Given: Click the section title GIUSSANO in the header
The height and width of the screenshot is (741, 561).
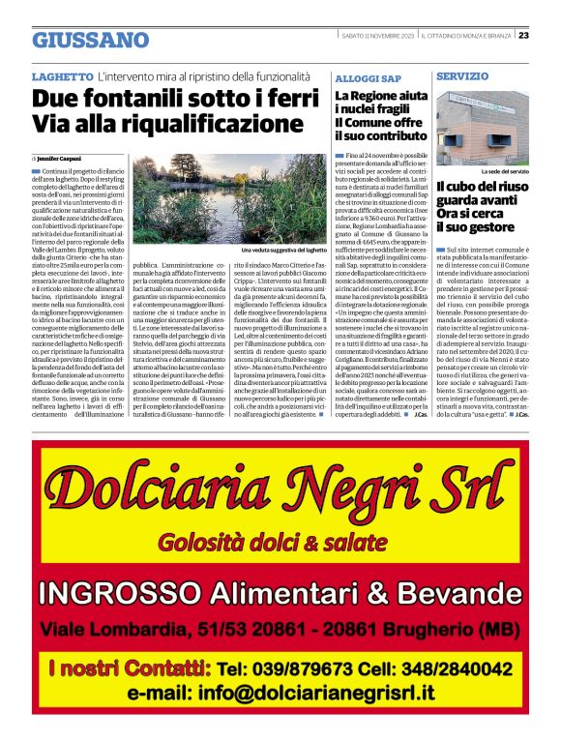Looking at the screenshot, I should pos(91,40).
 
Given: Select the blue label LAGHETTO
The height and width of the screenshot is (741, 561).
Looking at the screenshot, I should pos(62,75).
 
